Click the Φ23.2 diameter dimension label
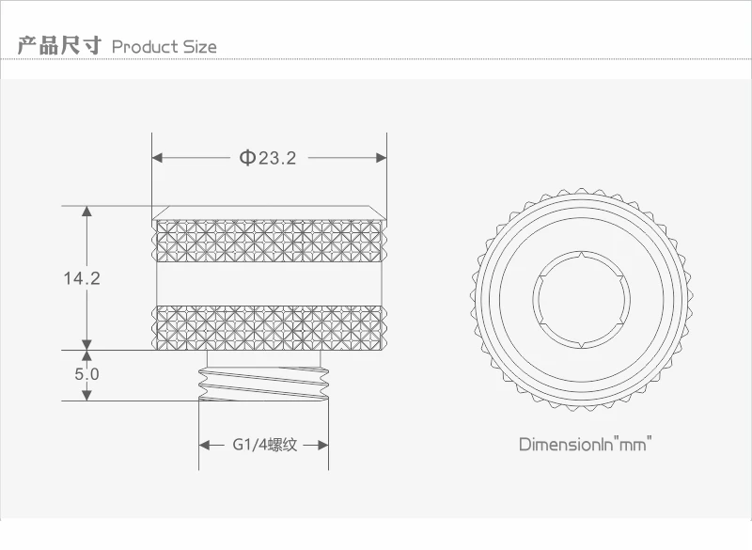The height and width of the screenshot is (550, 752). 268,157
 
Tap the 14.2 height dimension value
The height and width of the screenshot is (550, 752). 82,278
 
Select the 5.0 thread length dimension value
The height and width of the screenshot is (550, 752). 86,374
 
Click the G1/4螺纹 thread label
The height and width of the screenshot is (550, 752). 265,445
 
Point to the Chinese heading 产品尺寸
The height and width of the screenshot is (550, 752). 59,45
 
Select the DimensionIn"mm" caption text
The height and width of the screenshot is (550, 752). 586,444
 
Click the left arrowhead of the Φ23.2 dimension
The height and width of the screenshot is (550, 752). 157,158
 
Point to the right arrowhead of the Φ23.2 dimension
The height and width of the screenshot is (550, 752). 382,158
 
